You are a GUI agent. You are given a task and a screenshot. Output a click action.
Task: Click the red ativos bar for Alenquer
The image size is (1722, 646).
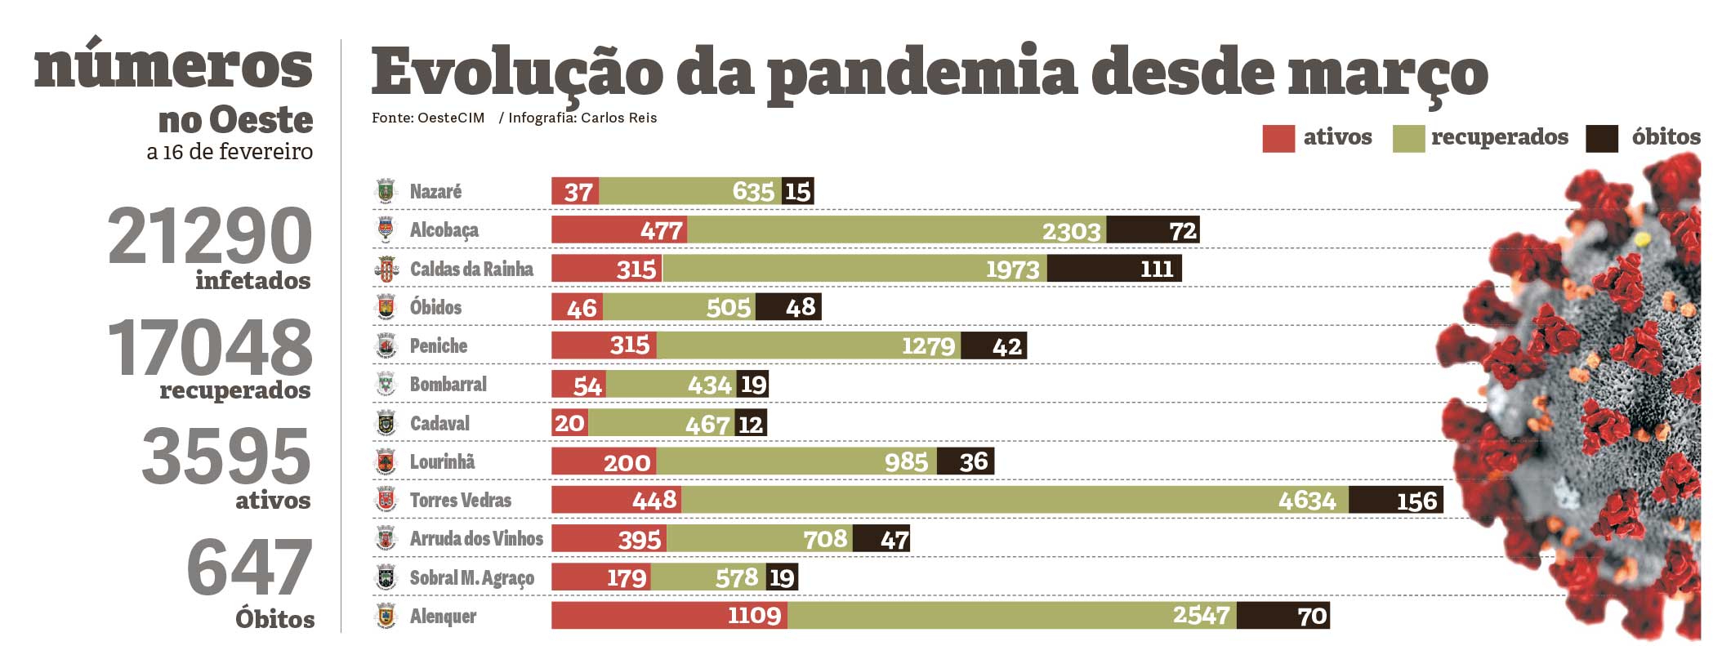tap(669, 615)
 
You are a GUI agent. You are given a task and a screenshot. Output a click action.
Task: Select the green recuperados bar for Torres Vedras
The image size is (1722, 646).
tap(1014, 500)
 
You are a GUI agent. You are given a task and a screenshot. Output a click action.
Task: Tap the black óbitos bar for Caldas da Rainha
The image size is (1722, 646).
tap(1114, 269)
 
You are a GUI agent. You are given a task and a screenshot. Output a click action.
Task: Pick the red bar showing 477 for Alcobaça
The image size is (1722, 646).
tap(618, 229)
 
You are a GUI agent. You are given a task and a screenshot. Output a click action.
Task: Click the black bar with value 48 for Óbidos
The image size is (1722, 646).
tap(788, 307)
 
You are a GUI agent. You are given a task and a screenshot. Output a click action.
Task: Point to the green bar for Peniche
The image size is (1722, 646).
tap(809, 345)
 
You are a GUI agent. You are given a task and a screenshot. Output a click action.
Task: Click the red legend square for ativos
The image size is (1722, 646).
tap(1278, 138)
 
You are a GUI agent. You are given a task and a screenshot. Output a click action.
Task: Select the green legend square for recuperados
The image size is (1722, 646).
tap(1408, 138)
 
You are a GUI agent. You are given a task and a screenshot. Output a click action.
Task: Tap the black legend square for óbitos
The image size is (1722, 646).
tap(1601, 138)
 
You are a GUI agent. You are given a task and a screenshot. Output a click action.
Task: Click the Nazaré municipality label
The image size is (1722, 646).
tap(435, 191)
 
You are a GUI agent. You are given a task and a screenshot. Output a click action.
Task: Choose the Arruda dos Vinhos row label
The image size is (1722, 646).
tap(476, 538)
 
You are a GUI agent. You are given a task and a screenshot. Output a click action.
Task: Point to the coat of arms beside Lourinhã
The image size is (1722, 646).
tap(386, 461)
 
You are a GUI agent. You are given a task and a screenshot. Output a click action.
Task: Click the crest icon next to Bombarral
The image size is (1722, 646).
tap(386, 384)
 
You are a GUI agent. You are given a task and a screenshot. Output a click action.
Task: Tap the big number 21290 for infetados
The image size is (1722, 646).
tap(210, 236)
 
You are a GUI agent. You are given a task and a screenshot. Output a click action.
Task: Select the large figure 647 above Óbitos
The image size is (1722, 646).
tap(249, 568)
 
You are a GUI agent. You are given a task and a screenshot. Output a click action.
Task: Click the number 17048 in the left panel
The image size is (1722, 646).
tap(210, 348)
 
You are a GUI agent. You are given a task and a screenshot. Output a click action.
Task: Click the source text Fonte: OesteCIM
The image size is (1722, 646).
tap(428, 118)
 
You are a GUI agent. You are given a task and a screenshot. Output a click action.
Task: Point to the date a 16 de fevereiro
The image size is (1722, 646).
tap(230, 152)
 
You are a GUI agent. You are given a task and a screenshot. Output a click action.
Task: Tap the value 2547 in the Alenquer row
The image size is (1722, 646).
tap(1201, 615)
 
